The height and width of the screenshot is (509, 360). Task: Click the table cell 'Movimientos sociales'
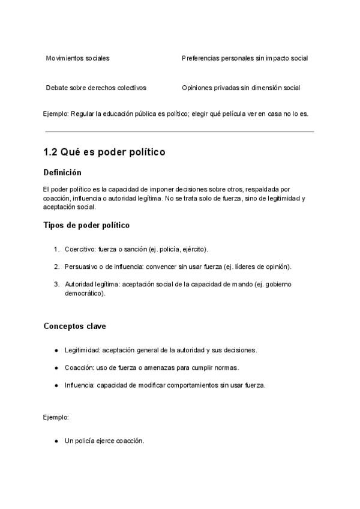[77, 58]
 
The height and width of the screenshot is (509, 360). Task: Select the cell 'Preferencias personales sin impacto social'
[245, 58]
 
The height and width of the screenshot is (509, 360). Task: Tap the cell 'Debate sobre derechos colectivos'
[96, 88]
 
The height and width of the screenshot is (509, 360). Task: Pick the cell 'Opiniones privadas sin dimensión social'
[241, 88]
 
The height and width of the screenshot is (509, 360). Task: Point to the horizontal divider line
[179, 131]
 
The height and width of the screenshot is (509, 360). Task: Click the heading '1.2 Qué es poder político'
[104, 152]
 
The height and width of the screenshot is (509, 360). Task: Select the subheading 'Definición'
[62, 172]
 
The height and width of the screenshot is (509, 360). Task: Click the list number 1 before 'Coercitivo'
[56, 248]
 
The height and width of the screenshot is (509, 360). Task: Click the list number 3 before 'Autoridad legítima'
[56, 284]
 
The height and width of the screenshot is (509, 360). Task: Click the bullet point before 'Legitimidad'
[56, 349]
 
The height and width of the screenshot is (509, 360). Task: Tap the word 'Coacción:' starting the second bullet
[79, 367]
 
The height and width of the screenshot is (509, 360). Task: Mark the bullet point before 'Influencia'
[56, 385]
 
